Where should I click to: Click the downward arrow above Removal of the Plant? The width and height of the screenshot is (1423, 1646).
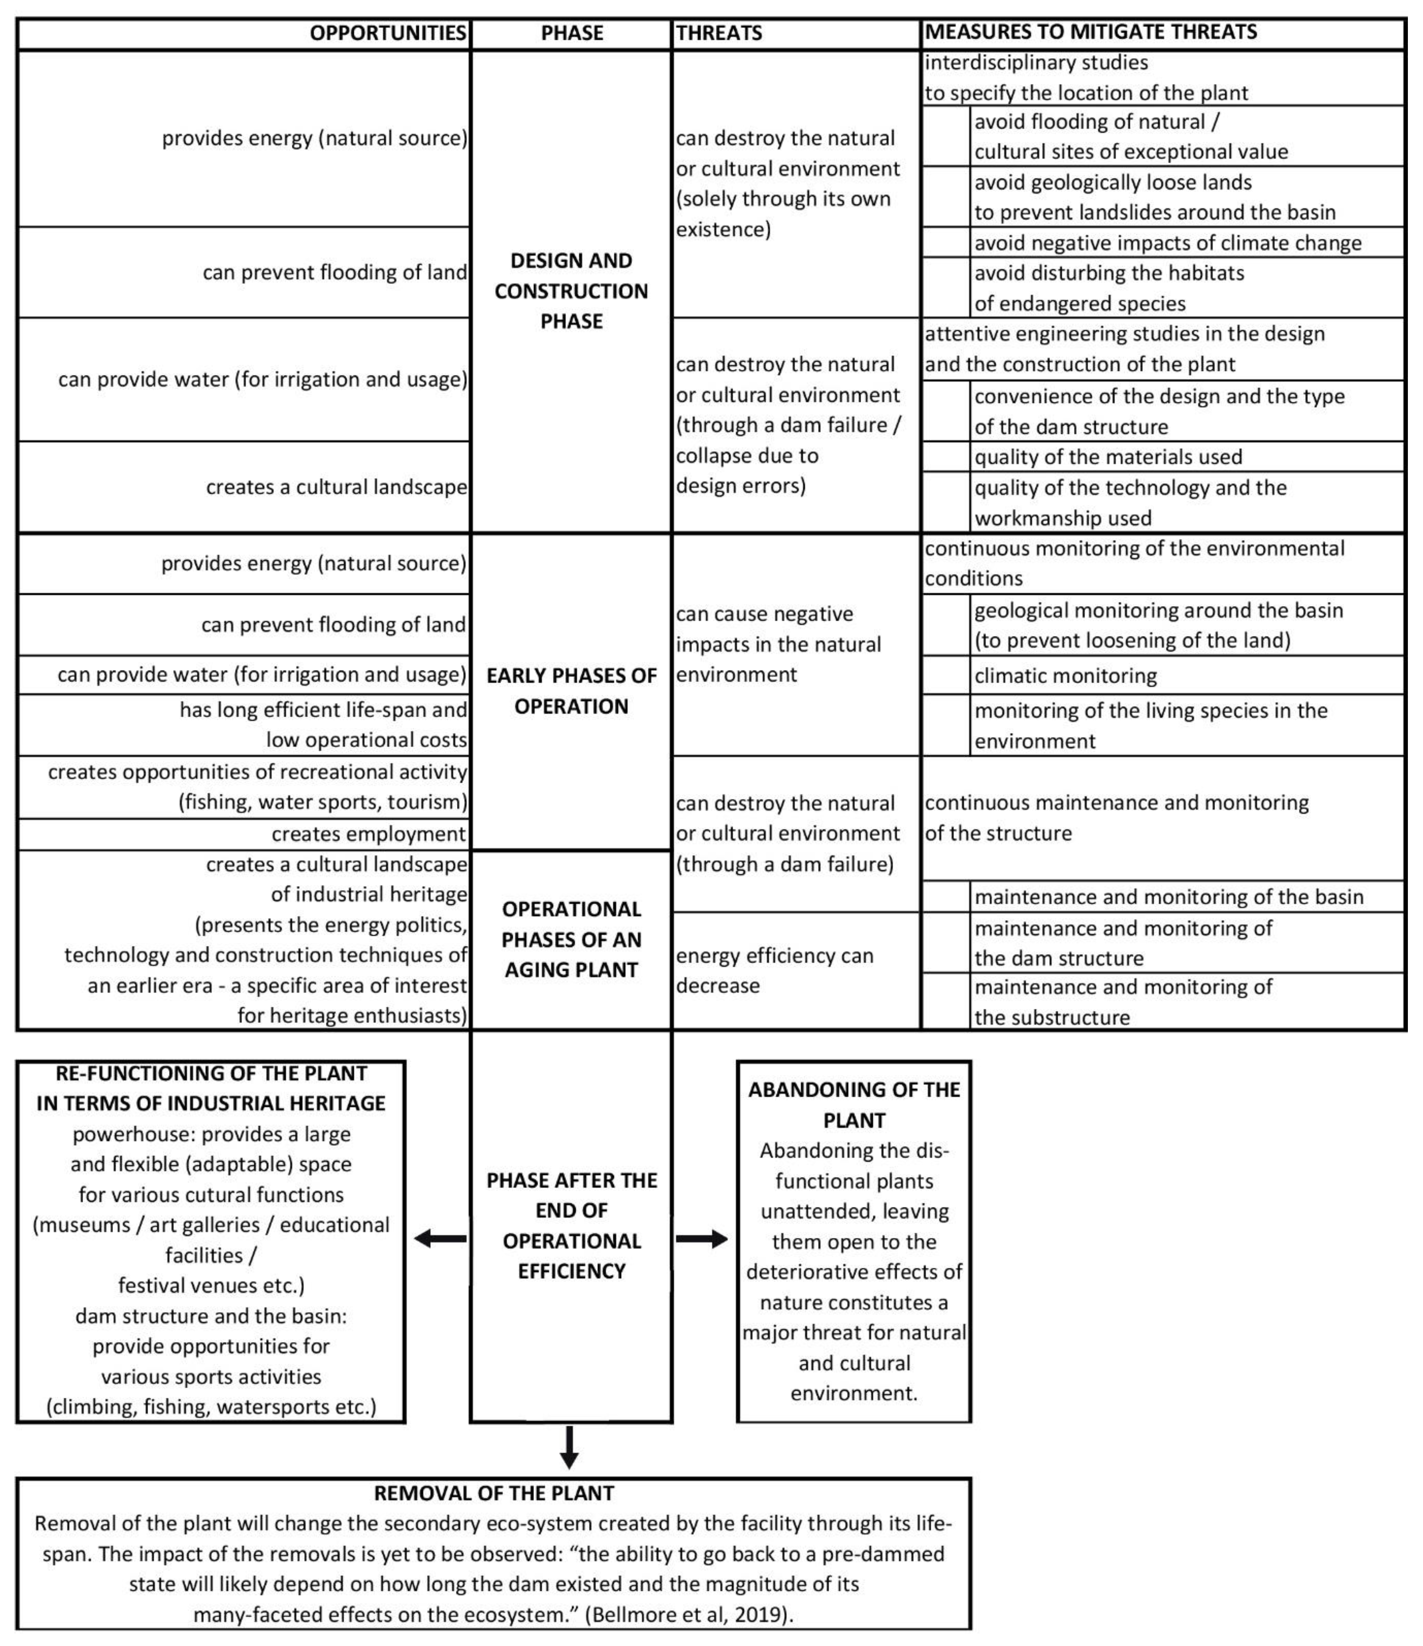(x=569, y=1447)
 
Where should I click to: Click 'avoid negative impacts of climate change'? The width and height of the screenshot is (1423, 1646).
(x=1168, y=243)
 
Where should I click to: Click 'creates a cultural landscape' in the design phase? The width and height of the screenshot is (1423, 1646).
(x=337, y=487)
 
